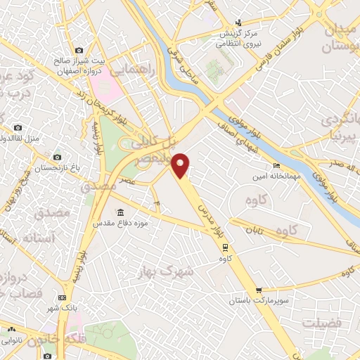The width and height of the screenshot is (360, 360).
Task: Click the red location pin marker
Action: coord(181,165)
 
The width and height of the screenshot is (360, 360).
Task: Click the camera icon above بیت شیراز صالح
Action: coord(79,51)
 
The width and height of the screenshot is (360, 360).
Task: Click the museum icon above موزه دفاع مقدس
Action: coord(121,212)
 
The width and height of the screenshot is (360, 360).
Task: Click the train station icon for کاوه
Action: coord(225,247)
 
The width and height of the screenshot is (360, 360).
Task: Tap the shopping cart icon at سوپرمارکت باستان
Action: coord(259,289)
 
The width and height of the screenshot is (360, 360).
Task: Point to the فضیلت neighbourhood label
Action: coord(321,322)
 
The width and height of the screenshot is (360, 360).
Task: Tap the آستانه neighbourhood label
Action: coord(39,238)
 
